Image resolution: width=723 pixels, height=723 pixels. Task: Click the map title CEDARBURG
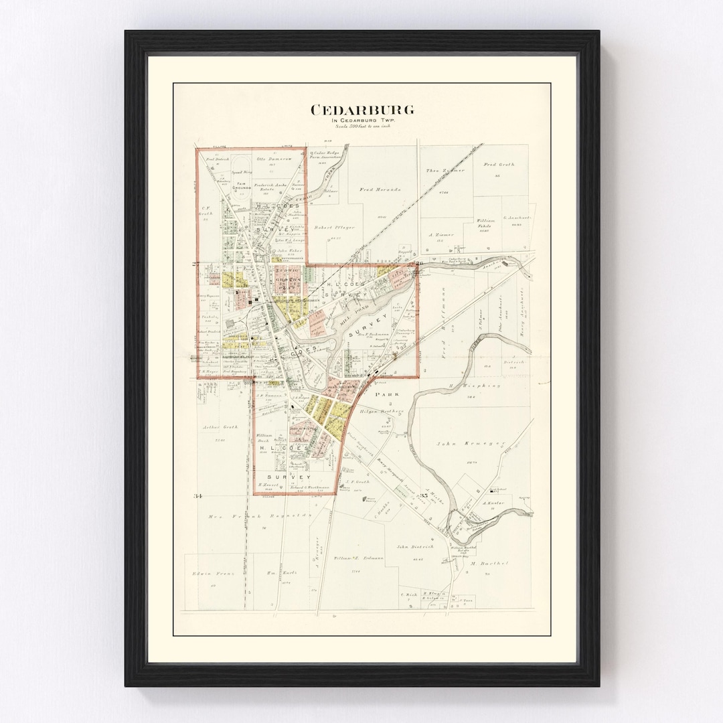pyautogui.click(x=361, y=109)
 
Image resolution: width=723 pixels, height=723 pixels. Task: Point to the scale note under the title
pyautogui.click(x=361, y=126)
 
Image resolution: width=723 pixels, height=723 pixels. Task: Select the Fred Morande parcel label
pyautogui.click(x=380, y=189)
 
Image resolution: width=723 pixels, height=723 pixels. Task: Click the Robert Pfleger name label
pyautogui.click(x=335, y=227)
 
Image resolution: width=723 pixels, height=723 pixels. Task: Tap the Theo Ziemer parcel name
pyautogui.click(x=445, y=171)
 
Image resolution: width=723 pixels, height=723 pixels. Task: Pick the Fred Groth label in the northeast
pyautogui.click(x=499, y=164)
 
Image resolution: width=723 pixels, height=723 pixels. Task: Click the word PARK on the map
pyautogui.click(x=387, y=395)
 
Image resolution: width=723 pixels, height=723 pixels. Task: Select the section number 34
pyautogui.click(x=197, y=495)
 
